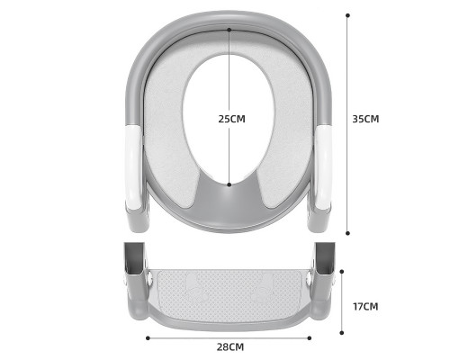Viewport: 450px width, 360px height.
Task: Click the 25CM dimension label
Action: [231, 118]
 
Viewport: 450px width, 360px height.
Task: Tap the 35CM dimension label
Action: [365, 118]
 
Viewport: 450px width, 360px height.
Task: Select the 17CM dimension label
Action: [365, 306]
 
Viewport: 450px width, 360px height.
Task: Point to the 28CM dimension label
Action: [229, 346]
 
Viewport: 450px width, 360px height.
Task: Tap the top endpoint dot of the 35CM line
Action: [347, 15]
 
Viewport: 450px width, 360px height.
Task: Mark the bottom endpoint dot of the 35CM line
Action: [347, 231]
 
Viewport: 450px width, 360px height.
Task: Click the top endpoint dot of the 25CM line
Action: [229, 30]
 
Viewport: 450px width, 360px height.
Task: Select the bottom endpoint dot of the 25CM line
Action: [229, 184]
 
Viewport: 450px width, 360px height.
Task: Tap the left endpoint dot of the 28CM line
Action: [148, 337]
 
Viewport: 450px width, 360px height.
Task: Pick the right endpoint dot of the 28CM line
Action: [310, 337]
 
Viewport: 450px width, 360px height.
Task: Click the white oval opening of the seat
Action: [229, 108]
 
